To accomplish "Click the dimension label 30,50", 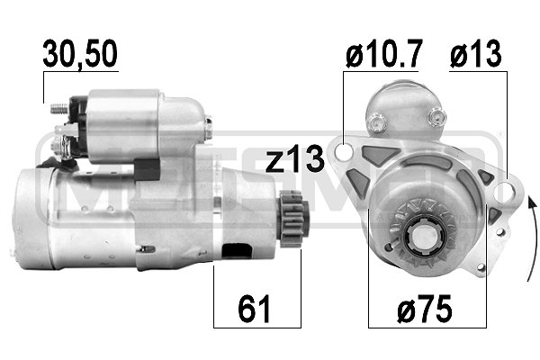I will tap(80, 56).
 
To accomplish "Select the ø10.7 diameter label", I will tap(382, 56).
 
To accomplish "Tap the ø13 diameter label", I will tap(477, 56).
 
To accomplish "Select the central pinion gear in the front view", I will tap(422, 238).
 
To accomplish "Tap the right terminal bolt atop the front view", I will tap(438, 114).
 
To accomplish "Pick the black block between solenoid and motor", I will tap(145, 168).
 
